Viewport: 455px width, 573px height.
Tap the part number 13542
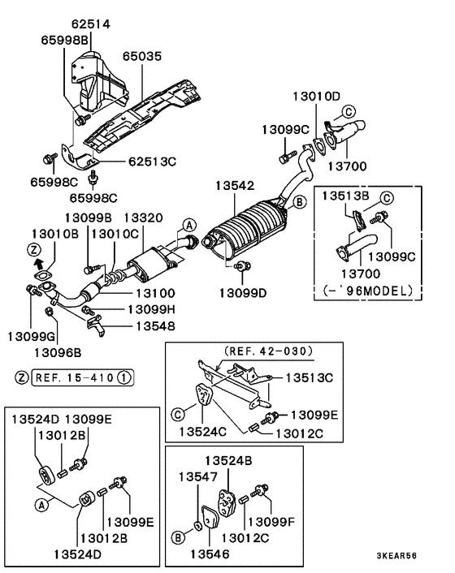pyautogui.click(x=235, y=186)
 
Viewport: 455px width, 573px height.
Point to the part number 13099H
pyautogui.click(x=150, y=309)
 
